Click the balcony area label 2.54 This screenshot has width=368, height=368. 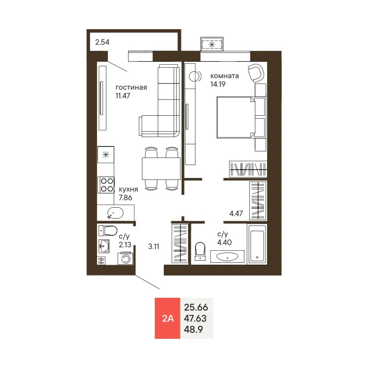(x=102, y=42)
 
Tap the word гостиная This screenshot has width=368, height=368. (x=131, y=88)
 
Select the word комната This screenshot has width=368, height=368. (x=225, y=76)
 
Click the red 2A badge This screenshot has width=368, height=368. (x=168, y=318)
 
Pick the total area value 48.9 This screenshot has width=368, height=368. (x=194, y=329)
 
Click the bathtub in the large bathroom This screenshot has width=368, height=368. (x=257, y=244)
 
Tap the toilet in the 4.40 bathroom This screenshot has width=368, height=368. (x=200, y=250)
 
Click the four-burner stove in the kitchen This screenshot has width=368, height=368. (x=106, y=185)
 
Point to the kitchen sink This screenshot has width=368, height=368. (x=115, y=213)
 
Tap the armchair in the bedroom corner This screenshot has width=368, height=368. (x=256, y=73)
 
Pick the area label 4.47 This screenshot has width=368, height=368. (x=236, y=214)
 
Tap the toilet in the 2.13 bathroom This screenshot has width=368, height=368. (x=108, y=230)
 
